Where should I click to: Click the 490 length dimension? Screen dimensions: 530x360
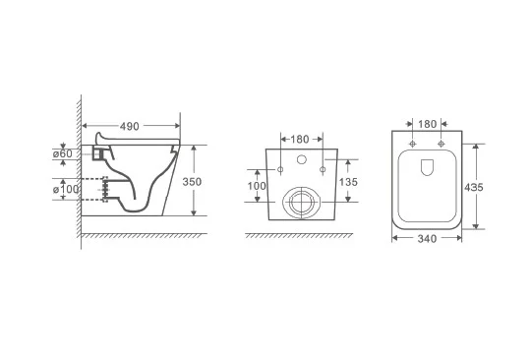tap(130, 127)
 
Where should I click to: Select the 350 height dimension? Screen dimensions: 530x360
tap(192, 182)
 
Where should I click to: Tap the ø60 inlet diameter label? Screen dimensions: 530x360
tap(63, 153)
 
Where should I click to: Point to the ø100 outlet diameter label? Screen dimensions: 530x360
tap(66, 189)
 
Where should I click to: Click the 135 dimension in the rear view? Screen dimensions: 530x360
tap(348, 182)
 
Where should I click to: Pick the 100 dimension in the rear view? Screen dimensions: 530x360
tap(257, 186)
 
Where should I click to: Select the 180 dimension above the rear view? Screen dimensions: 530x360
tap(300, 140)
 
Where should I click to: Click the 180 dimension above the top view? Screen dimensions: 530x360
tap(427, 124)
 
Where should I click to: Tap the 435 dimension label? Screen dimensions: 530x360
tap(474, 187)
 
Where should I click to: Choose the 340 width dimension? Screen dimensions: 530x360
tap(427, 239)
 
